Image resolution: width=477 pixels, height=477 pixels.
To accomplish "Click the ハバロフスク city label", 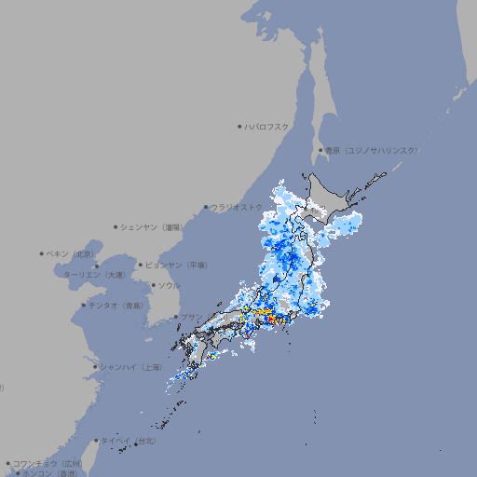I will [x=267, y=126].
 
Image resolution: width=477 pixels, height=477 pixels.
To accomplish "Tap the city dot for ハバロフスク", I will [x=239, y=126].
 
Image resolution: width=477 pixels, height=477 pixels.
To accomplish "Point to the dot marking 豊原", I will [x=320, y=150].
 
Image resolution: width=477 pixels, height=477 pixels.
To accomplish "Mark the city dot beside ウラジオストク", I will [x=206, y=207].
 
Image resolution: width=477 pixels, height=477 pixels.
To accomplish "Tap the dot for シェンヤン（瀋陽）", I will [x=116, y=226].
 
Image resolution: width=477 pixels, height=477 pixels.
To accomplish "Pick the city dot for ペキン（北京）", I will [x=42, y=253].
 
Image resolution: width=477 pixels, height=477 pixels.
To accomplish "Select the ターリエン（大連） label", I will [x=94, y=275].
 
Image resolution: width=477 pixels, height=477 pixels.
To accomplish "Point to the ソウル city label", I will [x=169, y=285].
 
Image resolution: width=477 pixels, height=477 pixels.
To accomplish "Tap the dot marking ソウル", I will [x=152, y=285].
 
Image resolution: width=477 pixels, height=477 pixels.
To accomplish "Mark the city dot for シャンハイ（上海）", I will [x=95, y=367].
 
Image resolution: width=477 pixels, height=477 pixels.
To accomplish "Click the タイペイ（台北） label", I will [x=129, y=440].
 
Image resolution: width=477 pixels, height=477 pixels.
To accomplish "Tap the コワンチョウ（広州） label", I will [x=48, y=463].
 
